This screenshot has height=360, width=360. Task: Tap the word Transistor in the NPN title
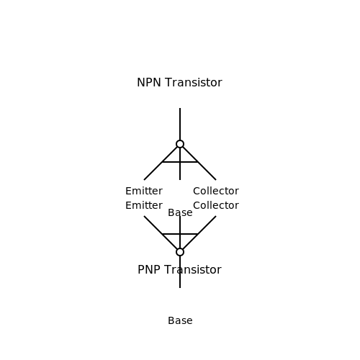pos(194,83)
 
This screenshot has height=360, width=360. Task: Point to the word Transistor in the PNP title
pos(193,270)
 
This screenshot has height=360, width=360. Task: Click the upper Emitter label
pos(144,192)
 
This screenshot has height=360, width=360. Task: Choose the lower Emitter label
pos(144,206)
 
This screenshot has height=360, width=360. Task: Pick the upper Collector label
pos(216,192)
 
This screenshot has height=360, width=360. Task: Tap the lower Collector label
pos(216,206)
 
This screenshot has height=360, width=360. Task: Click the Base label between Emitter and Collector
pos(180,213)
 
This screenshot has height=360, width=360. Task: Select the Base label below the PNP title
pos(180,321)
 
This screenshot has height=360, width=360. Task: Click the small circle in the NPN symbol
pos(180,140)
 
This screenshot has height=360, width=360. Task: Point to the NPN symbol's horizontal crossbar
pos(180,162)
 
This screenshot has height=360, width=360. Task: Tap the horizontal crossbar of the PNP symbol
pos(180,234)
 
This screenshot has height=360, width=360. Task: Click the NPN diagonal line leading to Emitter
pos(161,163)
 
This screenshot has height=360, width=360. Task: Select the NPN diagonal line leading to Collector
pos(199,163)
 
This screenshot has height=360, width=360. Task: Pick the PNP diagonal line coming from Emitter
pos(161,233)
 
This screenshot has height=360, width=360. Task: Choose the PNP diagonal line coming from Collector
pos(199,233)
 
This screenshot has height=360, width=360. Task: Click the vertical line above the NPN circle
pos(180,124)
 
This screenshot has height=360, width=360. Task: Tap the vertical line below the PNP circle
pos(180,272)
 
